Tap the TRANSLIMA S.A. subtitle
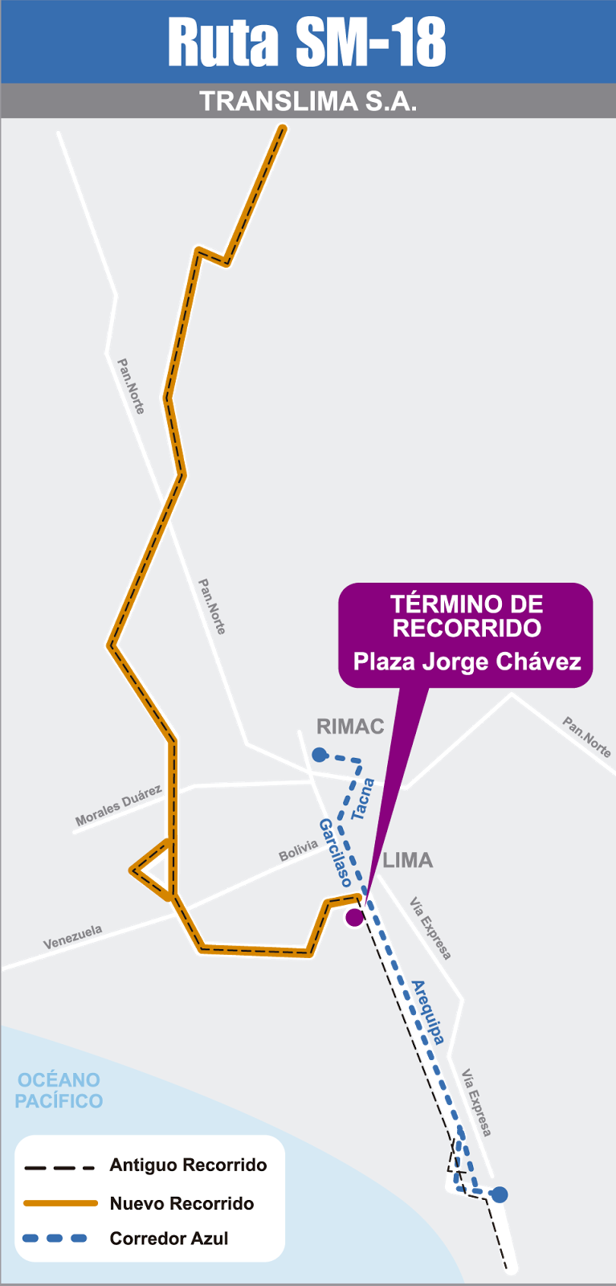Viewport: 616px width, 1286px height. [x=308, y=101]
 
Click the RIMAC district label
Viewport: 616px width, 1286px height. [x=350, y=727]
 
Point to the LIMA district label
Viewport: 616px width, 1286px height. [x=408, y=860]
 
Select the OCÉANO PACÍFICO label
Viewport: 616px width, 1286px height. [x=59, y=1090]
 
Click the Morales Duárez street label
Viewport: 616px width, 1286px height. [x=118, y=806]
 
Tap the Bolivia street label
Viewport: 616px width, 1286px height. [x=298, y=850]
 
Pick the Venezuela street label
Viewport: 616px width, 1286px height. [x=73, y=937]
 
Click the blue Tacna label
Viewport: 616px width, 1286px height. [x=362, y=798]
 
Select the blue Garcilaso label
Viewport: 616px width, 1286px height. [x=335, y=852]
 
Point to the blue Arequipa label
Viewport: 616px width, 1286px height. [x=427, y=1011]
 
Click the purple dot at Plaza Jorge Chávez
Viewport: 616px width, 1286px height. [x=354, y=917]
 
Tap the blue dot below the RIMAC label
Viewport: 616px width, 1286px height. [x=320, y=755]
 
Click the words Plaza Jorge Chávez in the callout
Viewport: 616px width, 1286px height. [x=467, y=661]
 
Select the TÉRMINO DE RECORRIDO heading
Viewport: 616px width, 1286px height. [x=467, y=616]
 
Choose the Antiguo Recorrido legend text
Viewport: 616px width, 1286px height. [x=188, y=1165]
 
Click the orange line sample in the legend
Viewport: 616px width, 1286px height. [x=60, y=1203]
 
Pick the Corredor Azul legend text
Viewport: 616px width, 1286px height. [x=169, y=1239]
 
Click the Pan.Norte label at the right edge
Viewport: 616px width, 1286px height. [x=587, y=737]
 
